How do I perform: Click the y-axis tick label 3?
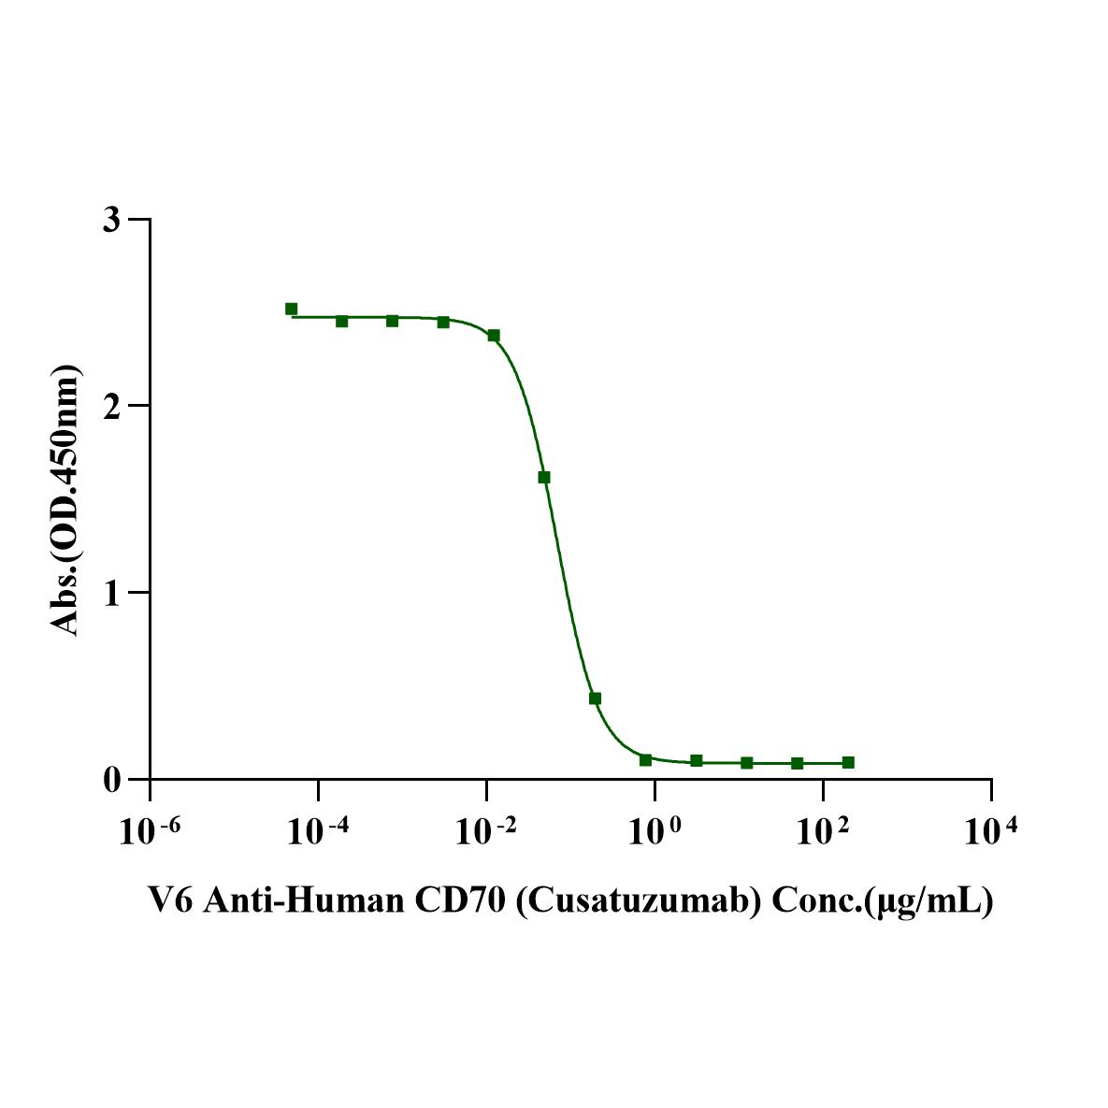click(x=112, y=220)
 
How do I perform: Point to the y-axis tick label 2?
click(x=112, y=406)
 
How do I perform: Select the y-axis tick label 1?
click(x=112, y=592)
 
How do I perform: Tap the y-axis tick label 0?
click(x=112, y=779)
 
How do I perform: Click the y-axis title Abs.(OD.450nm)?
click(x=66, y=499)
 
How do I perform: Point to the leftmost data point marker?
click(x=291, y=309)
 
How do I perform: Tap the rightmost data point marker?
click(x=848, y=762)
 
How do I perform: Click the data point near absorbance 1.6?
click(x=544, y=477)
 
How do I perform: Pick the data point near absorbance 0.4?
click(x=595, y=698)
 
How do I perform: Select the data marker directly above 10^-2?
click(x=494, y=335)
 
